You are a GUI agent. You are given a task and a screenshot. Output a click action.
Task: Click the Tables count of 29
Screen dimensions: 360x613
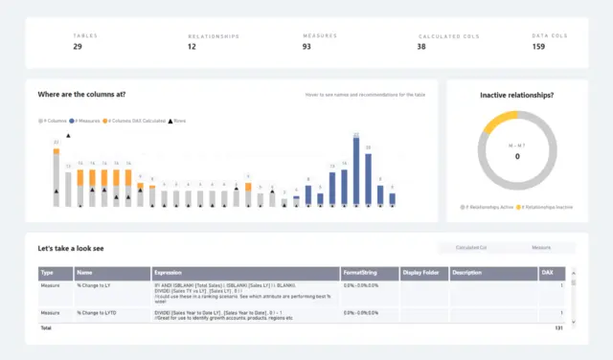(x=78, y=46)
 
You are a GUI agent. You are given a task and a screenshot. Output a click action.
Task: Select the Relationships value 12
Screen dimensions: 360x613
(x=193, y=47)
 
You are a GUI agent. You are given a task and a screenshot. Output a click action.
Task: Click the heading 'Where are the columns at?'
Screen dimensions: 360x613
(x=81, y=95)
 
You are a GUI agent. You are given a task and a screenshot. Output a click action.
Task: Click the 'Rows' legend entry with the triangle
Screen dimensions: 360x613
(x=176, y=122)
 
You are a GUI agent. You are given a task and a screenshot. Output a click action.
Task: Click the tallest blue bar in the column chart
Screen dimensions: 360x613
(x=356, y=172)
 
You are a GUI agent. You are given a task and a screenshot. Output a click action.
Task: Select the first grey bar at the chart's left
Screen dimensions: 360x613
(x=57, y=180)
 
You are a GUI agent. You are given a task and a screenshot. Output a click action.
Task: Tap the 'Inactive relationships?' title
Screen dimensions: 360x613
(x=517, y=95)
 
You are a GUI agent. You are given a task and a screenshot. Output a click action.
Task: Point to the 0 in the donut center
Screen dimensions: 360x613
(x=517, y=156)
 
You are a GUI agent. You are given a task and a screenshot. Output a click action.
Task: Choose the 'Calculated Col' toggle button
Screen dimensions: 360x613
(x=469, y=248)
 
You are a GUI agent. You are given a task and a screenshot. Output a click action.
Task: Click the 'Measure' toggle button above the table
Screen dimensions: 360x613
(x=542, y=248)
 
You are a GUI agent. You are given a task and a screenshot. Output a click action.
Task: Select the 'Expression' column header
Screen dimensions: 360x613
(x=168, y=273)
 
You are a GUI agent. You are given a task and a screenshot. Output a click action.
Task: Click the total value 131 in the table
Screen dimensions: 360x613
(x=559, y=328)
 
